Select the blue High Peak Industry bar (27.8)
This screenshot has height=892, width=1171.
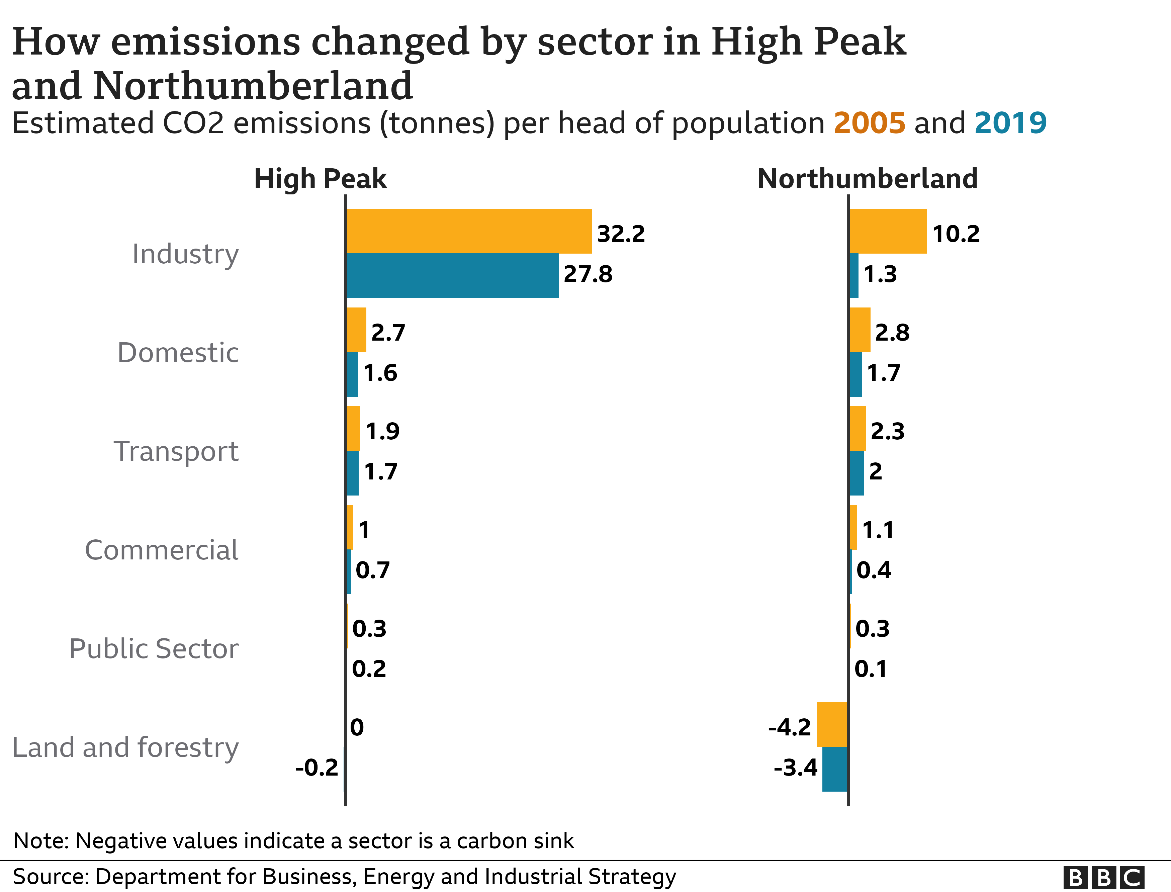[x=452, y=276]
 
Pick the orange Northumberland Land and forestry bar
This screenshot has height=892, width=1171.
[x=832, y=724]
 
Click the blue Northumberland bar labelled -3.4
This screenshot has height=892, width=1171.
[x=835, y=769]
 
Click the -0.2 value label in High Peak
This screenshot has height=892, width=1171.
[x=317, y=768]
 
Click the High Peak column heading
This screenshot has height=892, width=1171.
[x=320, y=179]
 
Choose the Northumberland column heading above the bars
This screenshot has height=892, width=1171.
[x=867, y=179]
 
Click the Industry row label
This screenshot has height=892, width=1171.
[x=185, y=254]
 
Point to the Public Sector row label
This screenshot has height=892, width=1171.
[x=154, y=648]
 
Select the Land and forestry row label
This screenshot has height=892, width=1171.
[x=125, y=747]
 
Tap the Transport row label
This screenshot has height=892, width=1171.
[x=176, y=451]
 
